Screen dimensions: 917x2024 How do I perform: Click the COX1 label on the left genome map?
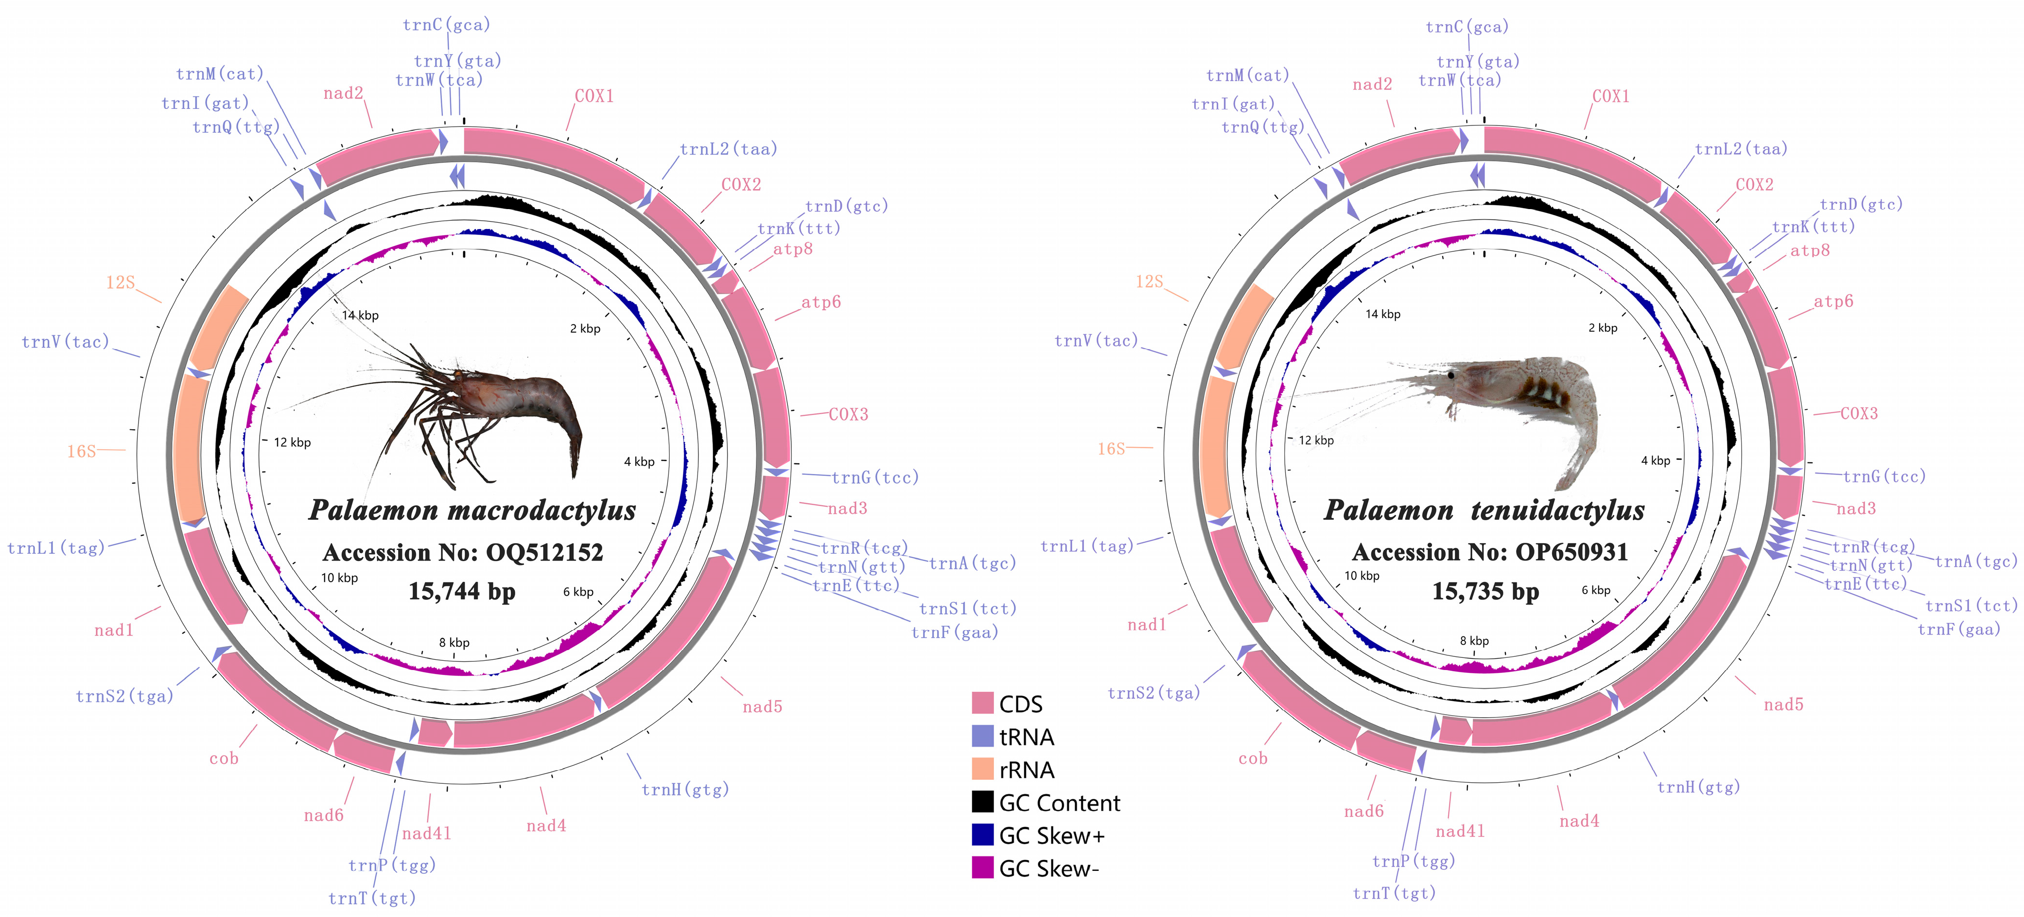[594, 96]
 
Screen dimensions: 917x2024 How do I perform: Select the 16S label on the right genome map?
[1111, 449]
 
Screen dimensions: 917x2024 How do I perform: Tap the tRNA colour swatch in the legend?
[982, 736]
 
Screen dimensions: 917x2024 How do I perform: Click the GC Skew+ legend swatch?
[982, 834]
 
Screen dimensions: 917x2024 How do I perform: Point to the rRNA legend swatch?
[982, 769]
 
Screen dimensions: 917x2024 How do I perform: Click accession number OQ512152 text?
[463, 552]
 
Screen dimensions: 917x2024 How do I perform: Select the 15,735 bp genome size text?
[1485, 591]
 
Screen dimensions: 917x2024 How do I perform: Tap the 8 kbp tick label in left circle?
[454, 643]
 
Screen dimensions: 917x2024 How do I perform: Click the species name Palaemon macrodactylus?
[472, 510]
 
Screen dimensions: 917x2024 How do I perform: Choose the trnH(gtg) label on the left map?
[685, 790]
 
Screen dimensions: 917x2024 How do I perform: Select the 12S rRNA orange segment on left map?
[220, 327]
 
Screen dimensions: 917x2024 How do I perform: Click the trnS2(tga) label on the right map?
[1153, 693]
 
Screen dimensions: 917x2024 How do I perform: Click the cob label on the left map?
[224, 759]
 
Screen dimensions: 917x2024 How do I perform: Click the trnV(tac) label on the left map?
[65, 342]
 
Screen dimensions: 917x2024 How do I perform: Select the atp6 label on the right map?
[1833, 302]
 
